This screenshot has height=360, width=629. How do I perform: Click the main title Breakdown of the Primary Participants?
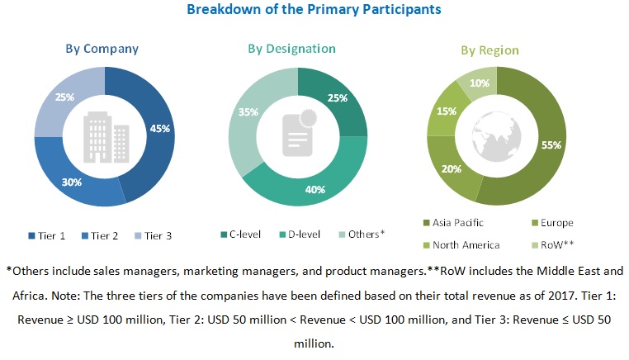[x=314, y=10]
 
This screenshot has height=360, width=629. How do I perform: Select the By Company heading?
[x=102, y=48]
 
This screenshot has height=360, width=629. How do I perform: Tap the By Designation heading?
[x=291, y=49]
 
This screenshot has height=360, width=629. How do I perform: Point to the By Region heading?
[x=489, y=50]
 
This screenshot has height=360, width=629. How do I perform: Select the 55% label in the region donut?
[x=551, y=145]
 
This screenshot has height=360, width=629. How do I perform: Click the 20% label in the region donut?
[x=452, y=168]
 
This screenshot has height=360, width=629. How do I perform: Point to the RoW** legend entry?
[x=558, y=244]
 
